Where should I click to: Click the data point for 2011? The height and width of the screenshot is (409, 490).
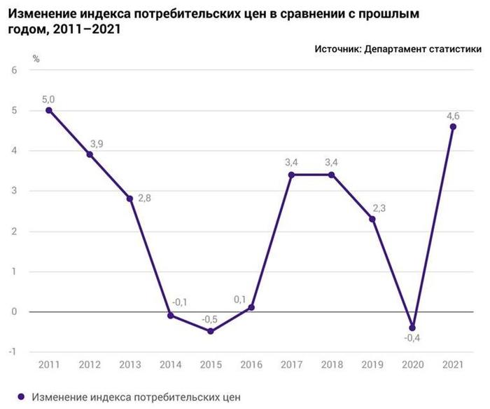click(48, 110)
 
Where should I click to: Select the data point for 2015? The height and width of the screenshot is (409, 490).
click(211, 331)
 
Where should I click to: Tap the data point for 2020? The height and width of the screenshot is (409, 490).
click(412, 328)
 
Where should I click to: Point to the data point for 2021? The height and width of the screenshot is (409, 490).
click(453, 127)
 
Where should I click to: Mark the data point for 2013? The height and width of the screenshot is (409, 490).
click(129, 199)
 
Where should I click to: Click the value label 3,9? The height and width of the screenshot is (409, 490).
click(96, 145)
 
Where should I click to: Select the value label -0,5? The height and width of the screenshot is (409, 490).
click(209, 320)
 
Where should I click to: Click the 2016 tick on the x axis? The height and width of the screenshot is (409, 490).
click(251, 365)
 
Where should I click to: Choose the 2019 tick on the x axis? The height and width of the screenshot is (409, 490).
click(372, 365)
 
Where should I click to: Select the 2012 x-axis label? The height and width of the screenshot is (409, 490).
click(89, 365)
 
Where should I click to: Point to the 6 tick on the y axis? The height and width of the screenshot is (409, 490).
click(13, 70)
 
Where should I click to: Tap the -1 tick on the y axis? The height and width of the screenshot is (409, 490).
click(12, 351)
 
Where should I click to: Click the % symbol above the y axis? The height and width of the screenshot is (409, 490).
click(35, 58)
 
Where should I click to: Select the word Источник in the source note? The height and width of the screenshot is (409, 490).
click(338, 49)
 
